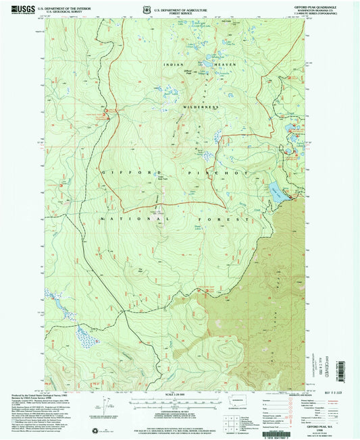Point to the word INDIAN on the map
173,64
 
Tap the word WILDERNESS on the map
200,107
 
